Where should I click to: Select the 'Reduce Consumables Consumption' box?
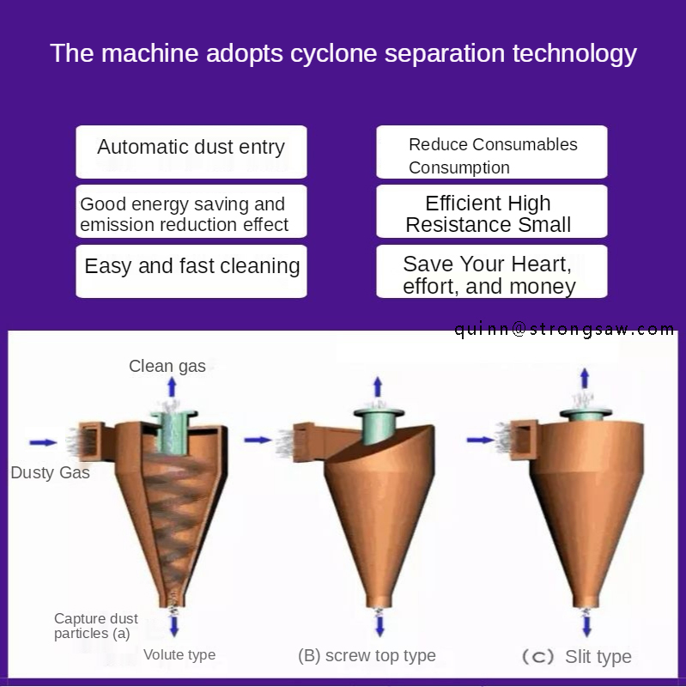pyautogui.click(x=491, y=152)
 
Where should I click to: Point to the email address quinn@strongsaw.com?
pyautogui.click(x=565, y=329)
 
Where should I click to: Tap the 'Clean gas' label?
pyautogui.click(x=167, y=366)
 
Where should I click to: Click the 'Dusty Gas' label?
pyautogui.click(x=50, y=472)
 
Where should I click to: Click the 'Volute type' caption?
pyautogui.click(x=179, y=654)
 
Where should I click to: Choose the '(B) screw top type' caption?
pyautogui.click(x=367, y=655)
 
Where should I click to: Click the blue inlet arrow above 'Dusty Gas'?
pyautogui.click(x=43, y=442)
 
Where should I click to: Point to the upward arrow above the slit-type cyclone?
pyautogui.click(x=585, y=377)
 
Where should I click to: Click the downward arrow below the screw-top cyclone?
pyautogui.click(x=377, y=622)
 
